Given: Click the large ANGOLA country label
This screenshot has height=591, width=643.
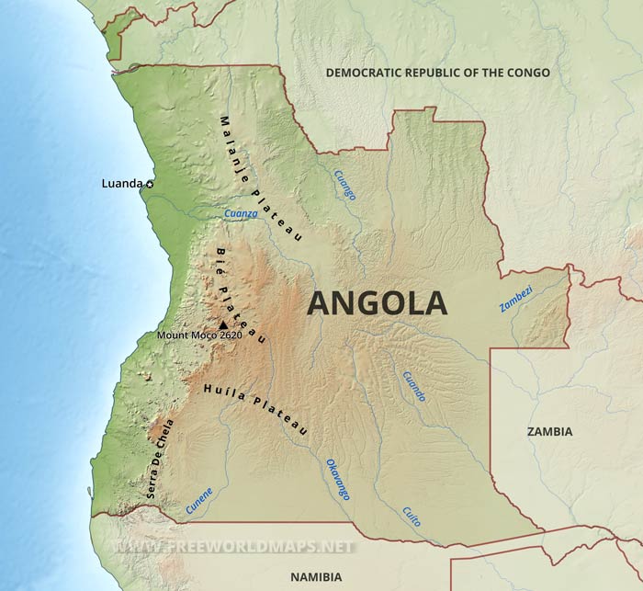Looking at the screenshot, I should pyautogui.click(x=377, y=302).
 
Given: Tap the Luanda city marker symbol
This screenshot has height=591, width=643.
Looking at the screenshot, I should pyautogui.click(x=150, y=184).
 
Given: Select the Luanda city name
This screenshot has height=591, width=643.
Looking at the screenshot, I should pyautogui.click(x=121, y=184).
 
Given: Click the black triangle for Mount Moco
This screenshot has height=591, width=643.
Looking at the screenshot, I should pyautogui.click(x=222, y=324).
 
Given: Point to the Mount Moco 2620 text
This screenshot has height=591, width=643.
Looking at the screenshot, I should pyautogui.click(x=198, y=335).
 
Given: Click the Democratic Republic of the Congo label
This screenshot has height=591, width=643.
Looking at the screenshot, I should pyautogui.click(x=437, y=73).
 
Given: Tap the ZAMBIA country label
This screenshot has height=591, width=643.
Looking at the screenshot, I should pyautogui.click(x=550, y=431).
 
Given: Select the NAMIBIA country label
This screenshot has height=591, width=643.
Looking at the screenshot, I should pyautogui.click(x=314, y=576).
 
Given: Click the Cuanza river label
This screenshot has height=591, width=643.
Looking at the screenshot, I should pyautogui.click(x=240, y=213).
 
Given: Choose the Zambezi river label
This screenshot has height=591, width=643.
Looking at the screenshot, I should pyautogui.click(x=516, y=296).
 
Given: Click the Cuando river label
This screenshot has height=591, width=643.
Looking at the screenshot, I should pyautogui.click(x=413, y=385).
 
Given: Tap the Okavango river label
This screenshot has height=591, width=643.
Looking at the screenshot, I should pyautogui.click(x=337, y=479).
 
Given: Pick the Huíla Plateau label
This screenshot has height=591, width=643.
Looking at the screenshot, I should pyautogui.click(x=254, y=409).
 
